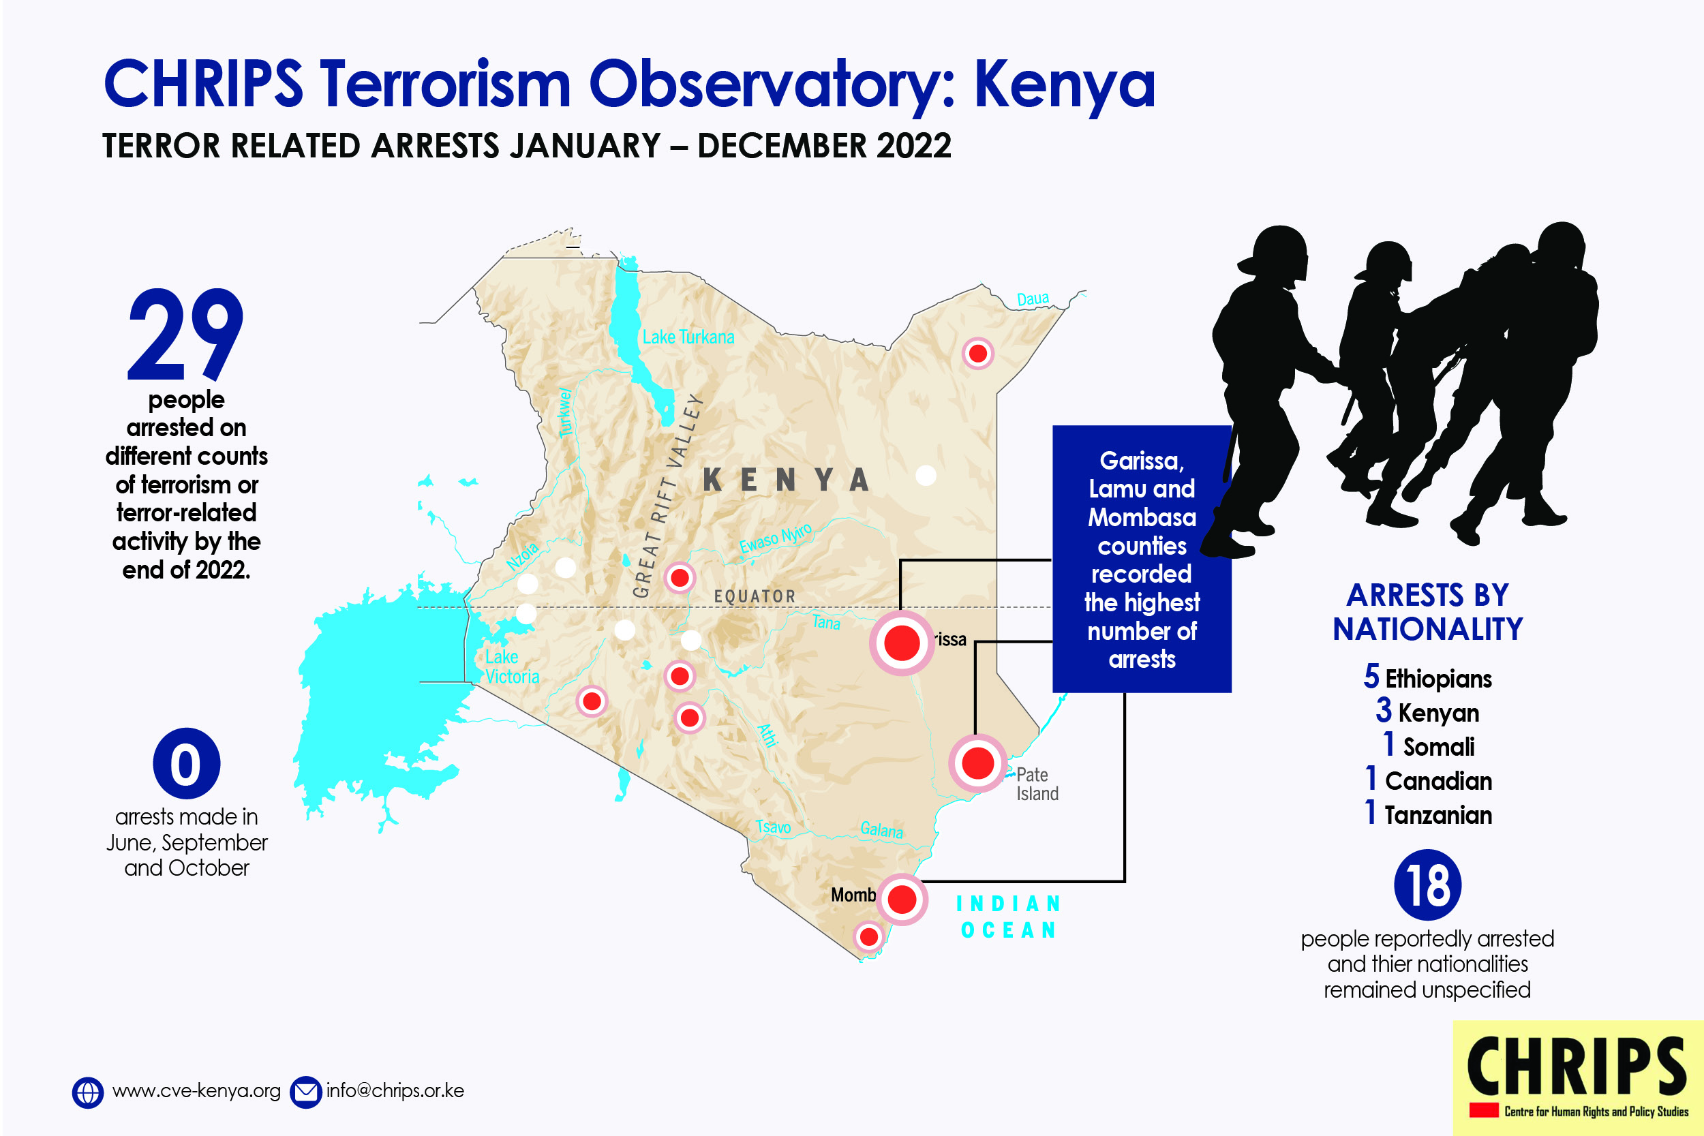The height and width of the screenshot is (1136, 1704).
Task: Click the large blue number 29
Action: (185, 334)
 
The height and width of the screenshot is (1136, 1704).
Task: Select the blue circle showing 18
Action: (1427, 885)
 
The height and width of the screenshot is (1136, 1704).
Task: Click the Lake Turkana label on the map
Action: (688, 337)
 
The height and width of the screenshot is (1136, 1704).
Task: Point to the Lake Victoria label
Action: (512, 666)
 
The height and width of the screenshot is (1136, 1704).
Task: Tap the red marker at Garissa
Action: (902, 643)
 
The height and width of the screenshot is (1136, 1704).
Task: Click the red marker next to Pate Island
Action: (978, 763)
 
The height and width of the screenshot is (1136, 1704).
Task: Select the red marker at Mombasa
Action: (902, 899)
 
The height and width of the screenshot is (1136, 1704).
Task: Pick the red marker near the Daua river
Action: (978, 354)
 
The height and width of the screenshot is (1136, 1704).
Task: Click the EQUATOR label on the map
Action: (755, 596)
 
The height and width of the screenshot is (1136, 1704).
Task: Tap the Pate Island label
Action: (1037, 784)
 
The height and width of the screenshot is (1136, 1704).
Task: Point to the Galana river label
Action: (882, 829)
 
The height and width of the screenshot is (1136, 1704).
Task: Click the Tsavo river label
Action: (773, 827)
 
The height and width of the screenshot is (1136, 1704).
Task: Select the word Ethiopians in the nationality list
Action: (1438, 679)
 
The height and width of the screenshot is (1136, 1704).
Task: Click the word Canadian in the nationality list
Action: (1438, 781)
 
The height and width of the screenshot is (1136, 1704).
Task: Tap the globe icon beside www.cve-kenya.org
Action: (88, 1092)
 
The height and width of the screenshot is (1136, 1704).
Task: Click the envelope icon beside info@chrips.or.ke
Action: (306, 1092)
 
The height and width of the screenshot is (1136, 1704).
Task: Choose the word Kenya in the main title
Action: (1064, 85)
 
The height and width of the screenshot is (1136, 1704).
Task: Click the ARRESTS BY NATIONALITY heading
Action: (1427, 612)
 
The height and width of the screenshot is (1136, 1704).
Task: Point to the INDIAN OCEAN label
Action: (1009, 917)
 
